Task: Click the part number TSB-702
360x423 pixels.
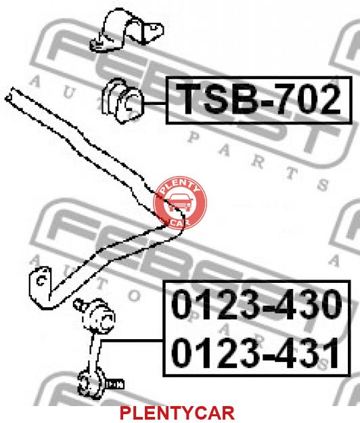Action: [258, 99]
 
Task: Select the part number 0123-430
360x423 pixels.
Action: [256, 304]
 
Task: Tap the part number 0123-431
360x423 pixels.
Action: [255, 353]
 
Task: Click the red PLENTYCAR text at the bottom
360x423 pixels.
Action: [177, 413]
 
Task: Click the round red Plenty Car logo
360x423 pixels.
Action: [180, 202]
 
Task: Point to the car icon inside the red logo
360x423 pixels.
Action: [180, 202]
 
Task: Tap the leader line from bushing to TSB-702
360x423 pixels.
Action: [154, 103]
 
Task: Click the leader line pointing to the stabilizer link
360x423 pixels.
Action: [131, 341]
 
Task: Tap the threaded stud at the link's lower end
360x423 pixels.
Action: [115, 384]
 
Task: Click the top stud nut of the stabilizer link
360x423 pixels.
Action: [78, 304]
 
